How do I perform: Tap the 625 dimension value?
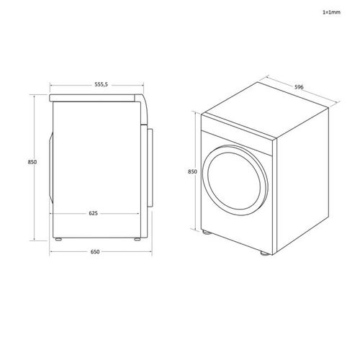[x=94, y=213]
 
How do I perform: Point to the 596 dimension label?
[x=299, y=87]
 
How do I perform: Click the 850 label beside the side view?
[x=32, y=162]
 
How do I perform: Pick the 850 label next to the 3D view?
[x=192, y=172]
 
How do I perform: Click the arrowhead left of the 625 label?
[x=52, y=214]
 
